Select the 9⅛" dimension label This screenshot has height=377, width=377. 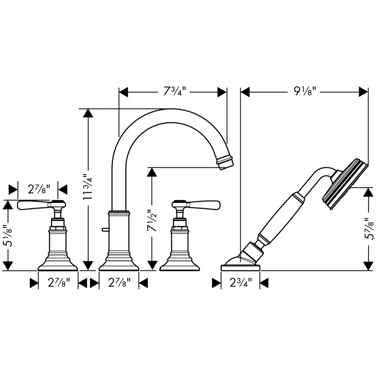[304, 92]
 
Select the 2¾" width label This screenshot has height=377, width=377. [240, 283]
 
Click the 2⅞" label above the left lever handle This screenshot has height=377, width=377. [38, 189]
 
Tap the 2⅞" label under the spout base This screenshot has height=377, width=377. [118, 283]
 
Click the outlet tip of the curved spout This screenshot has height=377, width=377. [225, 163]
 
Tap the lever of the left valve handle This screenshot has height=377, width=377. [32, 205]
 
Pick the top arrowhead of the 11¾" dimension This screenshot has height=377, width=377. [88, 113]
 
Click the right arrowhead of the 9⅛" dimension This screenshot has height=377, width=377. [363, 92]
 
